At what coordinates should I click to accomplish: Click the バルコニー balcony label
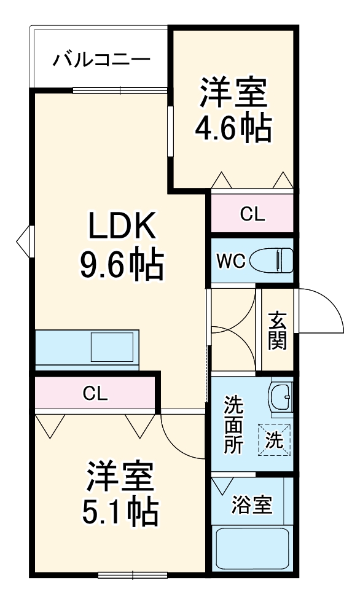coord(101,60)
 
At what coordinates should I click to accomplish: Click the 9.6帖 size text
coord(121,265)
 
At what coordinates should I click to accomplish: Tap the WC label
coord(230,261)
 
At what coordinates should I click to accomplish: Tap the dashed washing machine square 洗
coord(274,440)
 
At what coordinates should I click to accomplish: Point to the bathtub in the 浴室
coord(253,550)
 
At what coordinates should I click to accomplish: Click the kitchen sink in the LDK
coord(112,347)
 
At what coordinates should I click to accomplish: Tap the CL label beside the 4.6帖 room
coord(252,214)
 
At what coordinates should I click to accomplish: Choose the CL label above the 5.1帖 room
coord(95,394)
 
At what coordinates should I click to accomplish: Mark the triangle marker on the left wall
coord(23,240)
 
